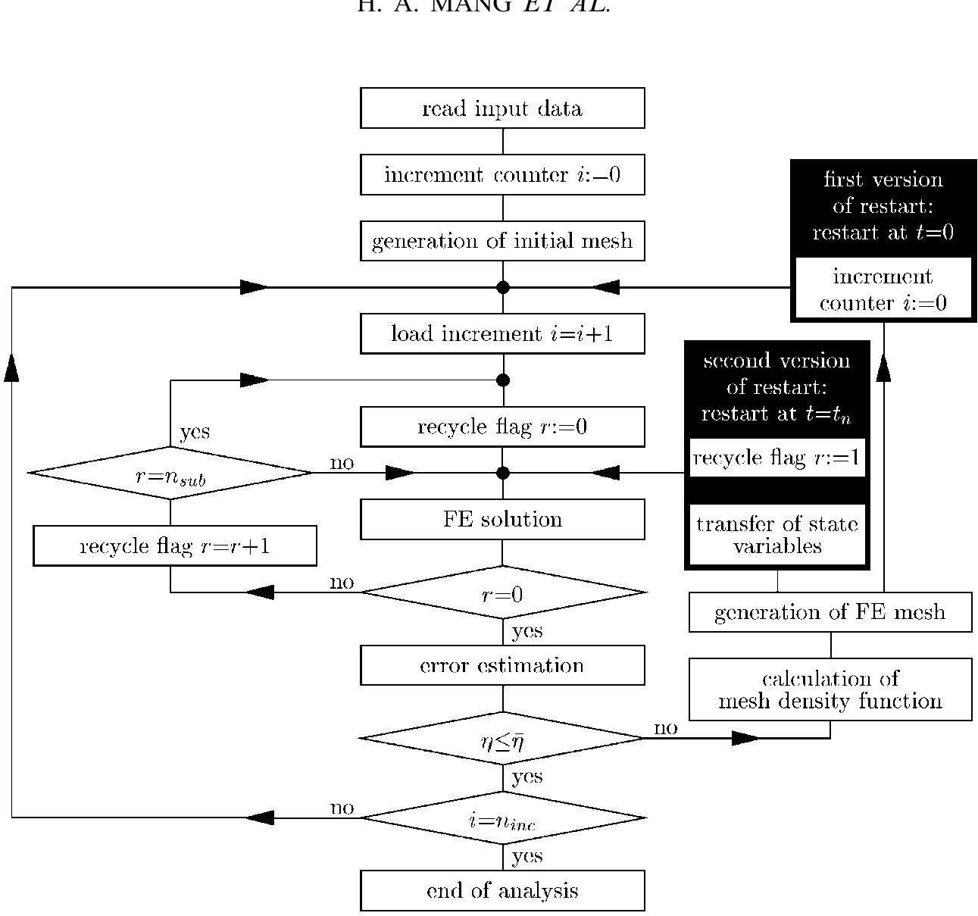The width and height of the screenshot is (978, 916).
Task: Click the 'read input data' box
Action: (502, 108)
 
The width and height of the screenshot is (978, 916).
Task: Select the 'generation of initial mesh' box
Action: (502, 241)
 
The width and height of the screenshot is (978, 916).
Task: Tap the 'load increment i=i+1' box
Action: (502, 334)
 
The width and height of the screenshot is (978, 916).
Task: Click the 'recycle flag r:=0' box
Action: (502, 427)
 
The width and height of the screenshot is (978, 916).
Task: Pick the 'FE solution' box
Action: (502, 520)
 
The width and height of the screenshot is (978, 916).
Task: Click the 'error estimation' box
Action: (502, 666)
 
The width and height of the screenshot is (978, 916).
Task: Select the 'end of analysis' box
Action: (502, 891)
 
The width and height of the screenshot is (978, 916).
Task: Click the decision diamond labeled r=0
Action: (502, 593)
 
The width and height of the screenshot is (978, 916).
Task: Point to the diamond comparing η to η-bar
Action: (502, 739)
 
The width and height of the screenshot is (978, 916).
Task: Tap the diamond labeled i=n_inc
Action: (502, 818)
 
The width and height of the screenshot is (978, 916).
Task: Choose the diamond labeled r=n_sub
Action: (170, 474)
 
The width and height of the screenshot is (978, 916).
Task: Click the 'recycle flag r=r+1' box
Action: (175, 546)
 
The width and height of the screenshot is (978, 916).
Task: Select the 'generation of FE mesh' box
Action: (830, 612)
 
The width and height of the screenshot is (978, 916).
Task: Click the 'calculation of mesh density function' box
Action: (830, 689)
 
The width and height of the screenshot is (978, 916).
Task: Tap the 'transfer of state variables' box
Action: (777, 535)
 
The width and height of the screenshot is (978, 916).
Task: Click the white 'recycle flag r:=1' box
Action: (777, 458)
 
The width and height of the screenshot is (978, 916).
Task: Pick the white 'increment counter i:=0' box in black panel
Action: (883, 289)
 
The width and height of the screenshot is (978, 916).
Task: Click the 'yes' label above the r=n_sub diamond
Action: (195, 432)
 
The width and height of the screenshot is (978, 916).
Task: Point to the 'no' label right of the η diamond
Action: (665, 728)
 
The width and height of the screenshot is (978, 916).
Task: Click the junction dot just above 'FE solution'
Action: (502, 474)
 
